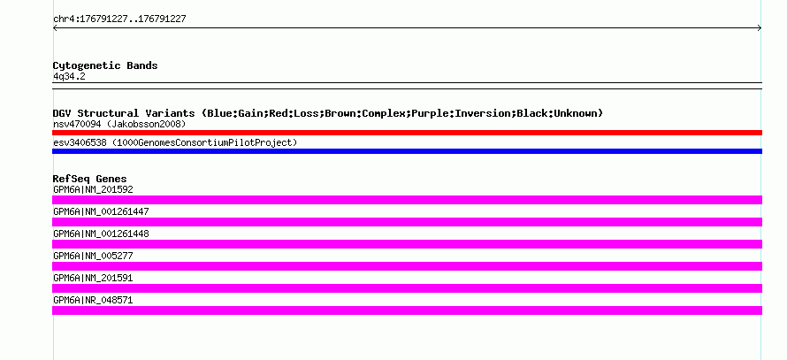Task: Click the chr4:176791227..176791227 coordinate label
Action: (119, 19)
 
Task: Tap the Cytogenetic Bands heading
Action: (105, 65)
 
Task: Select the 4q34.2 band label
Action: (69, 77)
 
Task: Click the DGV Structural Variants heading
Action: (328, 113)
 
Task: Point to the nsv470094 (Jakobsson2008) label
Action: (119, 124)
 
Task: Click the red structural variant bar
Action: (407, 133)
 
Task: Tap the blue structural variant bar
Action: (407, 151)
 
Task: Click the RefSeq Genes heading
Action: (90, 179)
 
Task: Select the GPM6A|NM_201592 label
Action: (93, 190)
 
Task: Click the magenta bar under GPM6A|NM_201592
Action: (407, 200)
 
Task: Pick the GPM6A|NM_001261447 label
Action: (101, 212)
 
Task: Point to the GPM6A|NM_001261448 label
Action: (101, 234)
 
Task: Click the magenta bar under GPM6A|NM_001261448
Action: (407, 244)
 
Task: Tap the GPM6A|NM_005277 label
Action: (93, 256)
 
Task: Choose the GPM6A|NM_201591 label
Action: (93, 278)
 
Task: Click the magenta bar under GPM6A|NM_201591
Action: (407, 288)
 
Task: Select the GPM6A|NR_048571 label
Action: (93, 300)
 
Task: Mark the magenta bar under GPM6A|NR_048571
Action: (407, 310)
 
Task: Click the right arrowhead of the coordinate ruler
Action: (760, 28)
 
